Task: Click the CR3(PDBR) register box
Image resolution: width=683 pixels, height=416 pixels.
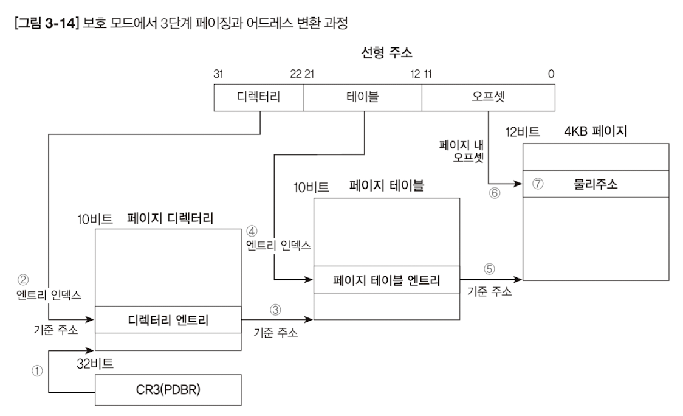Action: pos(168,389)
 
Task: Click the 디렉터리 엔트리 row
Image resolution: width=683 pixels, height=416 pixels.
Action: pos(168,319)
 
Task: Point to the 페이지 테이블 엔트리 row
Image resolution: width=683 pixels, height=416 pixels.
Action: pos(386,280)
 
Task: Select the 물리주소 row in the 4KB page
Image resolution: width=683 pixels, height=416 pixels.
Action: pos(595,184)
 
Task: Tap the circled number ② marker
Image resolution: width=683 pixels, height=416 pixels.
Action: pos(23,280)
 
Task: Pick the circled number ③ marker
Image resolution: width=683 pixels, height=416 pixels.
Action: pos(275,309)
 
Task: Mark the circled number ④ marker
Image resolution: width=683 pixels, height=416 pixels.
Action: pos(252,232)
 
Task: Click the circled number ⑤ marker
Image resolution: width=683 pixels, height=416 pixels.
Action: pos(490,268)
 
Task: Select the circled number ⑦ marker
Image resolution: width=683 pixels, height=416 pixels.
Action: pos(537,184)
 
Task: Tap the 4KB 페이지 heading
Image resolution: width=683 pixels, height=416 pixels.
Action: pos(595,131)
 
